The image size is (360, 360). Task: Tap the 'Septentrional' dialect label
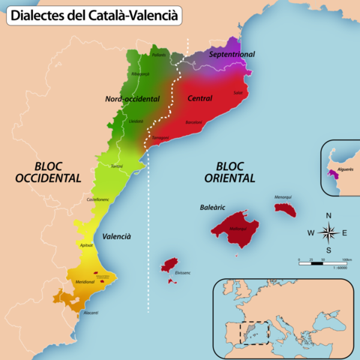click(232, 55)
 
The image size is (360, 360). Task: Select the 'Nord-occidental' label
click(132, 97)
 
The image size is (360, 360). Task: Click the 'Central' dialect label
click(199, 98)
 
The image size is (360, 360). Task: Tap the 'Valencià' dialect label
click(116, 235)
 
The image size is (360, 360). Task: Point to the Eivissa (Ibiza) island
click(169, 265)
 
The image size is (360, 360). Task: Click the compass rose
click(328, 232)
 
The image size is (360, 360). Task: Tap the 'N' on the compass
click(328, 216)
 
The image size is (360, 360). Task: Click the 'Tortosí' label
click(116, 166)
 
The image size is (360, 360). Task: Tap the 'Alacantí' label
click(91, 312)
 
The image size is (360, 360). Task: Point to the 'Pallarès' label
click(158, 55)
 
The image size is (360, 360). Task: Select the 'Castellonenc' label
click(99, 199)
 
